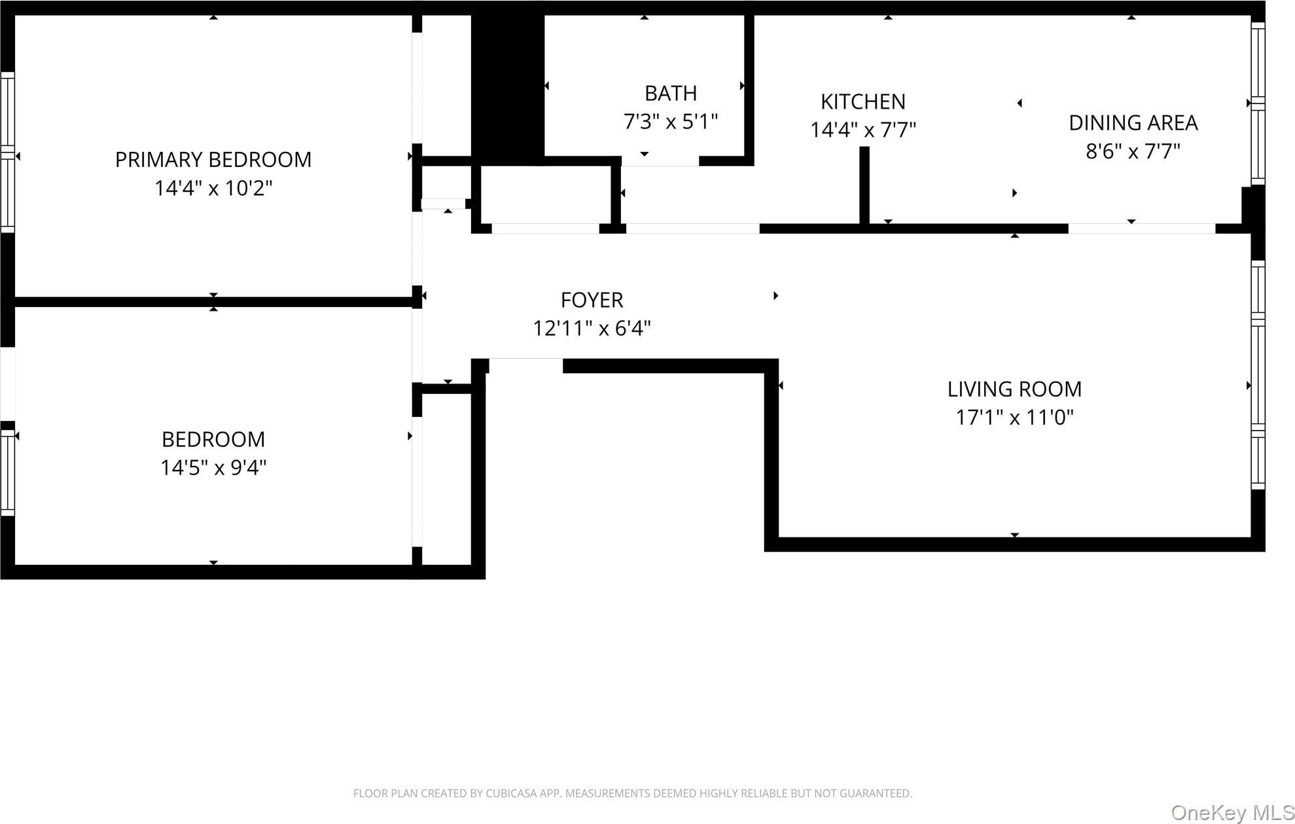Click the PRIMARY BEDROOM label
[213, 160]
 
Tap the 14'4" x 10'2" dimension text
[213, 188]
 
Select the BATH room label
[671, 94]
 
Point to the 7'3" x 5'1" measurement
[671, 122]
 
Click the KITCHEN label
[863, 102]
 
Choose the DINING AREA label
[1133, 123]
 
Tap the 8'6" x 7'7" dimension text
[1133, 152]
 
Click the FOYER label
[592, 300]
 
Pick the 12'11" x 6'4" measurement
[592, 329]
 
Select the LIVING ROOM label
[1014, 389]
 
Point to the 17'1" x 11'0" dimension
[1014, 418]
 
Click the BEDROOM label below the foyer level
[213, 439]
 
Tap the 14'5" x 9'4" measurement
[213, 468]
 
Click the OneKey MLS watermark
[1232, 813]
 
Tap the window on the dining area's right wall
[1258, 103]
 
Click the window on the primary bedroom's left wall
[7, 152]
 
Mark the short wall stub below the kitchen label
[864, 186]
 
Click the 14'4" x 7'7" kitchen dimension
[863, 130]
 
